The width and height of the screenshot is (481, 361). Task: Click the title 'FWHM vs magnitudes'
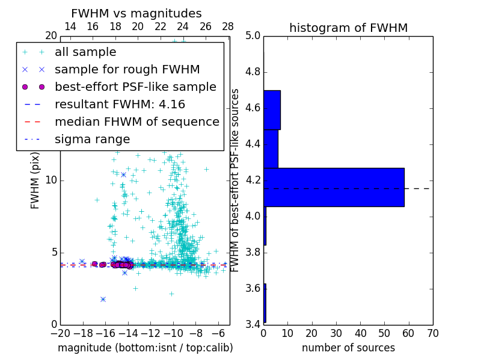136,13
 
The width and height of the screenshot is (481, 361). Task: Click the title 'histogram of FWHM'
348,28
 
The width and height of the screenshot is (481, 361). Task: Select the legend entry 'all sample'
85,52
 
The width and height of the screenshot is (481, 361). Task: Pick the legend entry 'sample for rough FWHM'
127,70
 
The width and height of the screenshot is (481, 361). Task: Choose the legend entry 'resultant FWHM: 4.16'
120,104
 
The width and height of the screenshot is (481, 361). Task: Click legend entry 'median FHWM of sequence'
136,122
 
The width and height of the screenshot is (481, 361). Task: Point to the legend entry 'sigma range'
92,139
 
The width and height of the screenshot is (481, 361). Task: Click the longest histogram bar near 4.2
334,187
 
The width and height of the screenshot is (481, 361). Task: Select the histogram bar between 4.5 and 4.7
272,110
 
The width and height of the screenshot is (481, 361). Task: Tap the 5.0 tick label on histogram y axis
253,36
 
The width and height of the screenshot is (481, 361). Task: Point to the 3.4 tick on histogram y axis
253,324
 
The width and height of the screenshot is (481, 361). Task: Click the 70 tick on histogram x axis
432,333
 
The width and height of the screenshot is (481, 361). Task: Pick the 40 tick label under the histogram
360,333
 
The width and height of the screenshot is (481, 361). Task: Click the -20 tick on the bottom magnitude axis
60,333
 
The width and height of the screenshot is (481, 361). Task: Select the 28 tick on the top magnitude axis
228,27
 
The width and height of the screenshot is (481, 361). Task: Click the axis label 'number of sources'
348,348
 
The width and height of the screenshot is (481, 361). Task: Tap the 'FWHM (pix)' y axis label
35,180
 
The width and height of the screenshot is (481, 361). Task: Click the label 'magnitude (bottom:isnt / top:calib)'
145,348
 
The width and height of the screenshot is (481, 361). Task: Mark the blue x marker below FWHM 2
103,299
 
